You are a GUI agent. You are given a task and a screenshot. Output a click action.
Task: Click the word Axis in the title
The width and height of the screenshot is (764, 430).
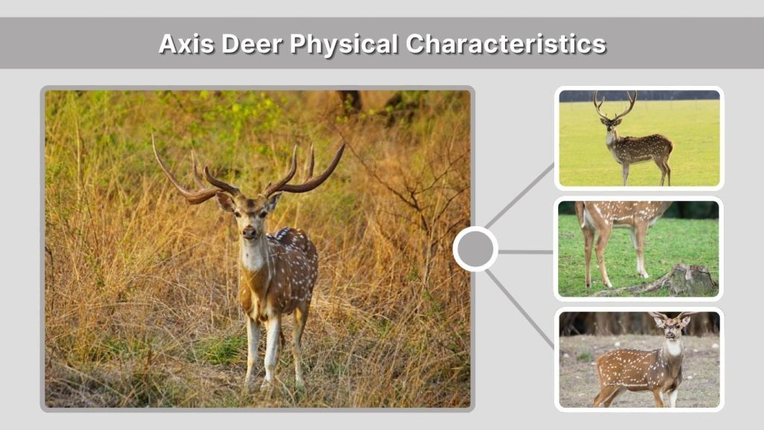click(x=181, y=44)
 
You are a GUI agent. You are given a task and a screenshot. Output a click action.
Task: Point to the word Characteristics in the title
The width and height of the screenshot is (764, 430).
click(x=505, y=44)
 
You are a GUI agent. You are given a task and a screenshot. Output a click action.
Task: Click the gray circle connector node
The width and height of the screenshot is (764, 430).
click(x=475, y=249)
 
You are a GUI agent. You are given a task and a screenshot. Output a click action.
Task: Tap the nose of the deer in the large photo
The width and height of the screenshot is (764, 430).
click(x=249, y=232)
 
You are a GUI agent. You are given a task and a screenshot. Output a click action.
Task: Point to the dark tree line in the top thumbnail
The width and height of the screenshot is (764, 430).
click(x=639, y=96)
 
